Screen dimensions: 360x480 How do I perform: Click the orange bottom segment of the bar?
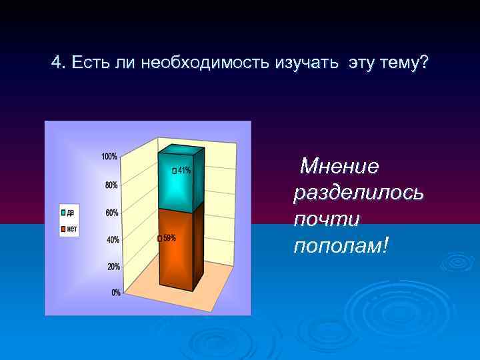pyautogui.click(x=177, y=250)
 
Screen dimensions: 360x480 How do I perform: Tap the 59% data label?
pyautogui.click(x=168, y=238)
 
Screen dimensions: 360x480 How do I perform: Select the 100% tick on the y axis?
pyautogui.click(x=109, y=157)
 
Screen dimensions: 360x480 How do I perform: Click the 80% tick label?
pyautogui.click(x=111, y=185)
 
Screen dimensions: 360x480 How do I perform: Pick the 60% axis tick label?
pyautogui.click(x=111, y=213)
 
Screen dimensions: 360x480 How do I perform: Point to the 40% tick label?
pyautogui.click(x=111, y=239)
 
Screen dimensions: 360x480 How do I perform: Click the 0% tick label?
pyautogui.click(x=115, y=293)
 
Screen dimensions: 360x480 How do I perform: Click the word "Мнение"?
pyautogui.click(x=339, y=165)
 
